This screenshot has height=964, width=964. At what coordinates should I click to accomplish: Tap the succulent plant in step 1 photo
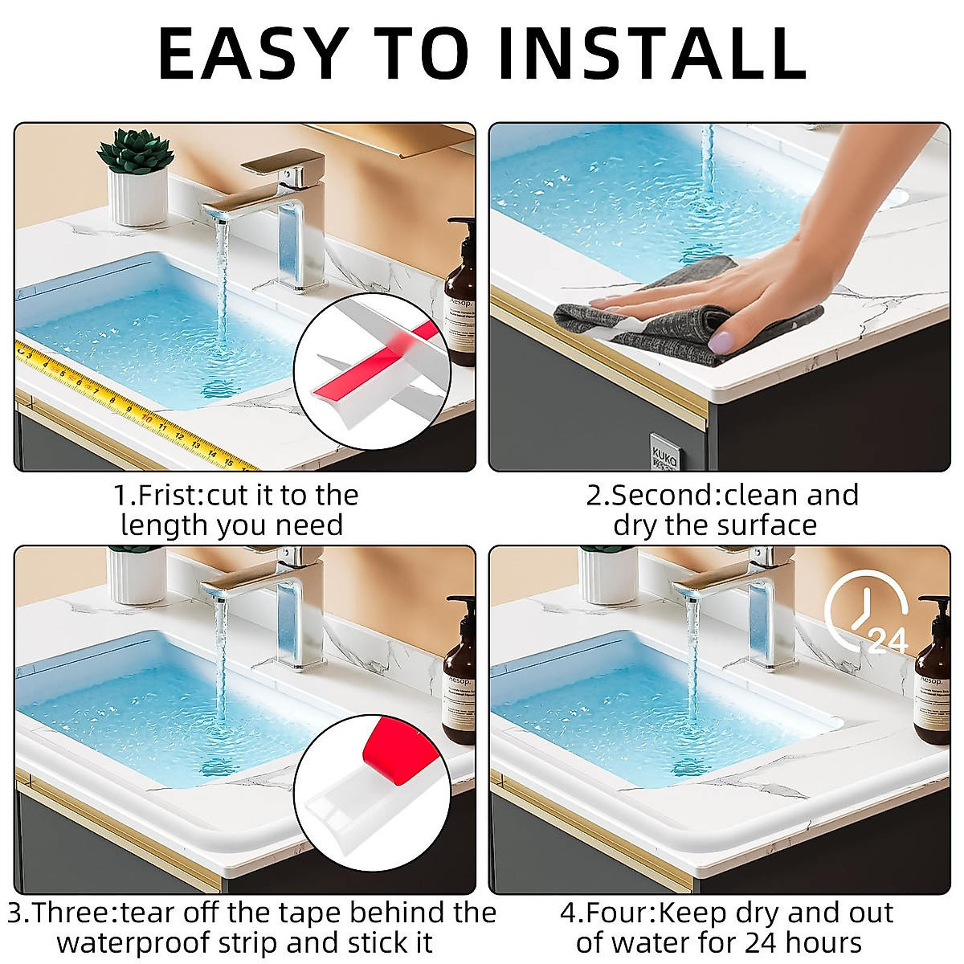click(135, 153)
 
